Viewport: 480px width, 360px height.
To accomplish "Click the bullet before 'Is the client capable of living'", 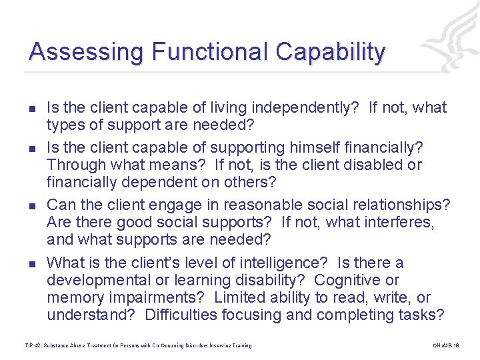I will click(x=32, y=108).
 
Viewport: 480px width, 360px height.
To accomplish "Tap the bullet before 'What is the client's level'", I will click(x=32, y=263).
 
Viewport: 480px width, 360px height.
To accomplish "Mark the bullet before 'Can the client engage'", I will click(x=32, y=205).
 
